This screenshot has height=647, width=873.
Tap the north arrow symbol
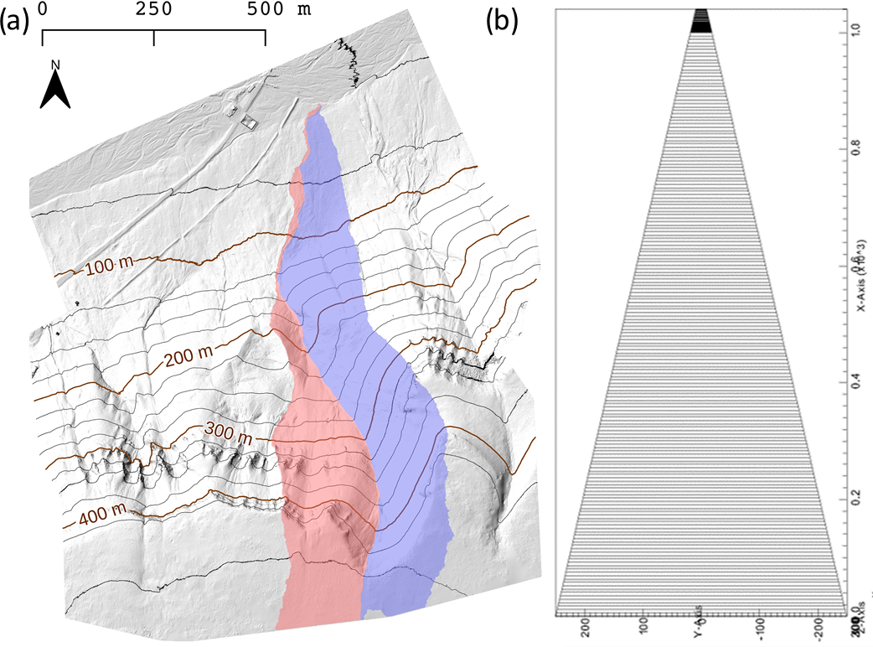click(x=55, y=91)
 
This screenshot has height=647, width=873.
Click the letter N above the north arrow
click(x=55, y=65)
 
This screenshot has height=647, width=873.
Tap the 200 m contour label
click(x=188, y=359)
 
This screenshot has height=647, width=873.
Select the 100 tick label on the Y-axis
click(x=643, y=628)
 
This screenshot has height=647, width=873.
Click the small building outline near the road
click(x=248, y=122)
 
